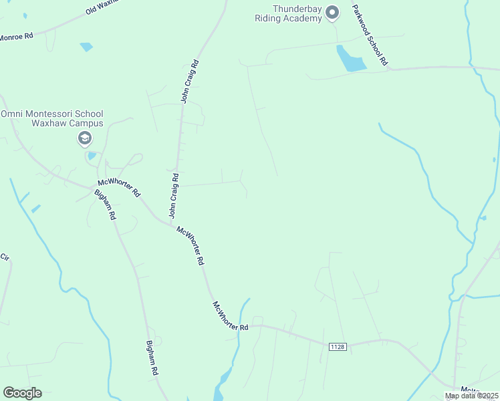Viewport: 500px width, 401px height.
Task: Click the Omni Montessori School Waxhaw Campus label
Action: (51, 119)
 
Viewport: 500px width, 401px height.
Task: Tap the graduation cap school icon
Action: (85, 138)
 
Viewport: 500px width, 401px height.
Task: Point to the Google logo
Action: (23, 392)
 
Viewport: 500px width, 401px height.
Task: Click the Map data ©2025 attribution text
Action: (471, 396)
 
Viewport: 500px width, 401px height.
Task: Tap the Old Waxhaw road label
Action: (102, 7)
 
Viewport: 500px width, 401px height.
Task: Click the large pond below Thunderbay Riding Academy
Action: (350, 59)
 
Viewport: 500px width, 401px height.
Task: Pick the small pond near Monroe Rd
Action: (86, 47)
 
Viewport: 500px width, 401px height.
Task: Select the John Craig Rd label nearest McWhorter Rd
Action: (173, 196)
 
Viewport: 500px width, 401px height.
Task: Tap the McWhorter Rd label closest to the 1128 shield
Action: (231, 316)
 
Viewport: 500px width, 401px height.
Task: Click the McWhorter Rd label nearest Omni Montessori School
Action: (119, 187)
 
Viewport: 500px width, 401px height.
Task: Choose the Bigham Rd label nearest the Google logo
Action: (152, 358)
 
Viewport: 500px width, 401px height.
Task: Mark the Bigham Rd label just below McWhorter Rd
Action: (106, 205)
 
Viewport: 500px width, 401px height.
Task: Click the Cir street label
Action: (5, 257)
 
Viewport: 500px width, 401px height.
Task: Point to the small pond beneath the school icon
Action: (91, 156)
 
